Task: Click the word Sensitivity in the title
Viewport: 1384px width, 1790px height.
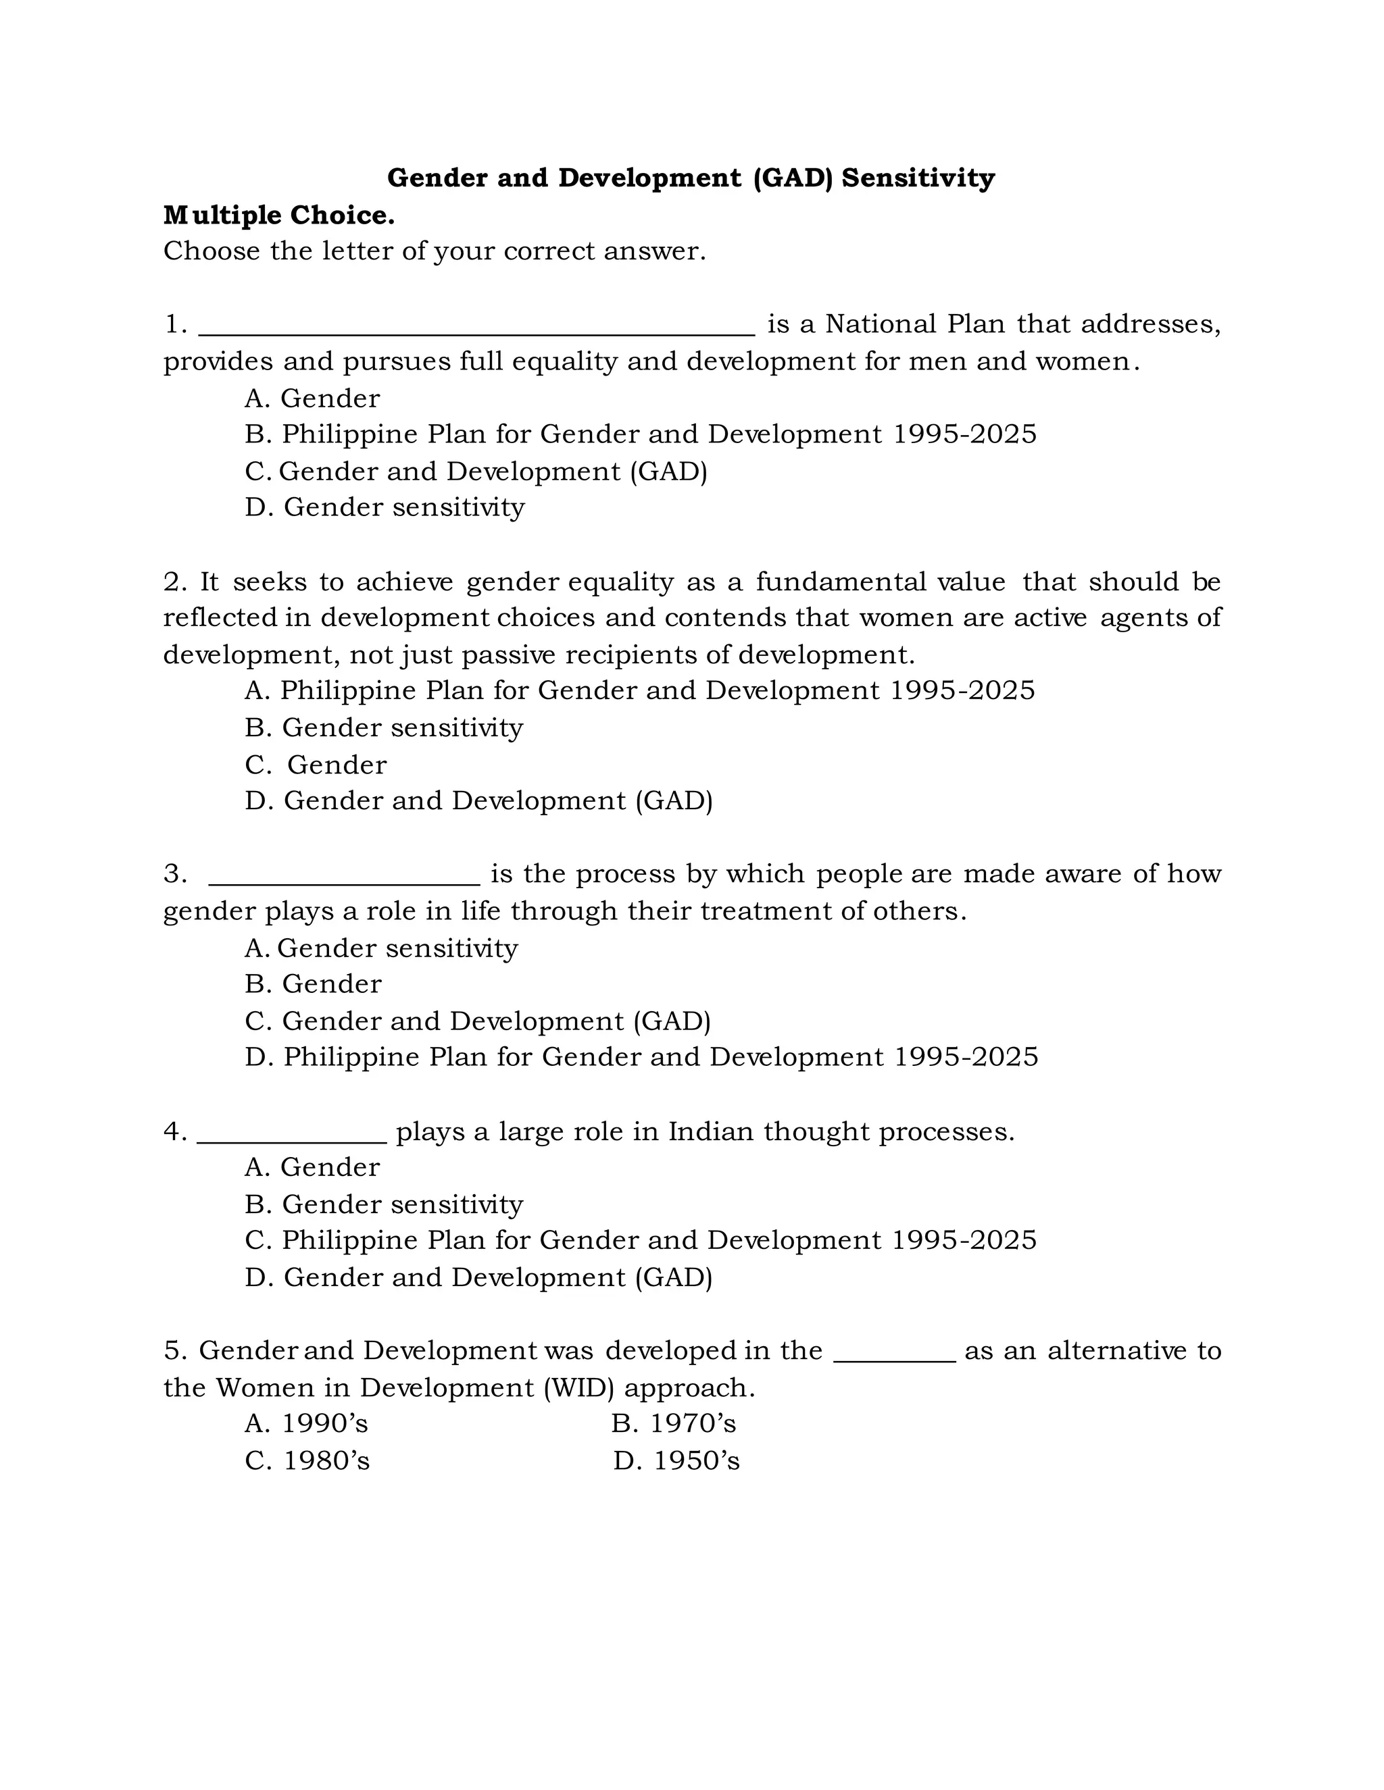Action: coord(918,178)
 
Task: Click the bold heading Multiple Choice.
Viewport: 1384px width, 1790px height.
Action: coord(279,215)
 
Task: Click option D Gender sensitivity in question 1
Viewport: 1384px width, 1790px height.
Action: coord(384,507)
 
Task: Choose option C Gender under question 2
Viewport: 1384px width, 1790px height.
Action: coord(316,765)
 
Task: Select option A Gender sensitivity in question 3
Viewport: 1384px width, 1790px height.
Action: coord(381,948)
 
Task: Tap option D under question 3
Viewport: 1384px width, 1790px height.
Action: coord(641,1057)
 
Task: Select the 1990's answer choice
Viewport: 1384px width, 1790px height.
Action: coord(307,1424)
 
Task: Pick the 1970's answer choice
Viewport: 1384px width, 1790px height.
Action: coord(673,1424)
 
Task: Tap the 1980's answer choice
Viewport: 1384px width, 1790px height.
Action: coord(307,1460)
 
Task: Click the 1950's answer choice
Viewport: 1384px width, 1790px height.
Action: coord(676,1460)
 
